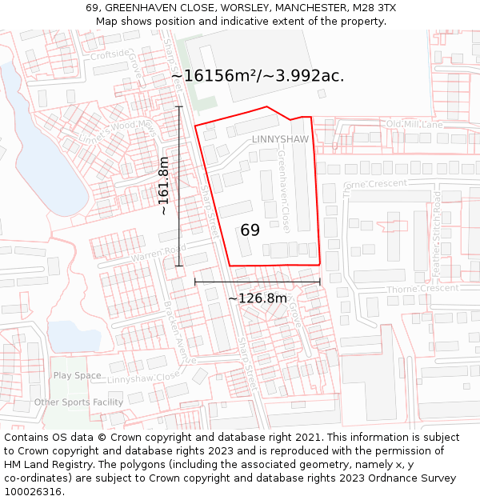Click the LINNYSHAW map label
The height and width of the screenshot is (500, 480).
point(280,139)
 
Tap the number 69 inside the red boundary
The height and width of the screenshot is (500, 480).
point(250,230)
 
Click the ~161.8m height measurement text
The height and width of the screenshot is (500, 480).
point(164,186)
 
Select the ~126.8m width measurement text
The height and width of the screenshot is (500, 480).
point(258,298)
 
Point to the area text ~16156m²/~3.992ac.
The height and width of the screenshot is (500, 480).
point(258,76)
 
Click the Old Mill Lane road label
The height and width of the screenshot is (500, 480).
point(414,125)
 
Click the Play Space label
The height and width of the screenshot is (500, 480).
point(77,375)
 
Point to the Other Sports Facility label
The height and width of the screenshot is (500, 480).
point(78,402)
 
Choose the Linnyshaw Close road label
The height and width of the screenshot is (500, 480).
point(144,378)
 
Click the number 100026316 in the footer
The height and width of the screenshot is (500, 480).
point(33,491)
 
